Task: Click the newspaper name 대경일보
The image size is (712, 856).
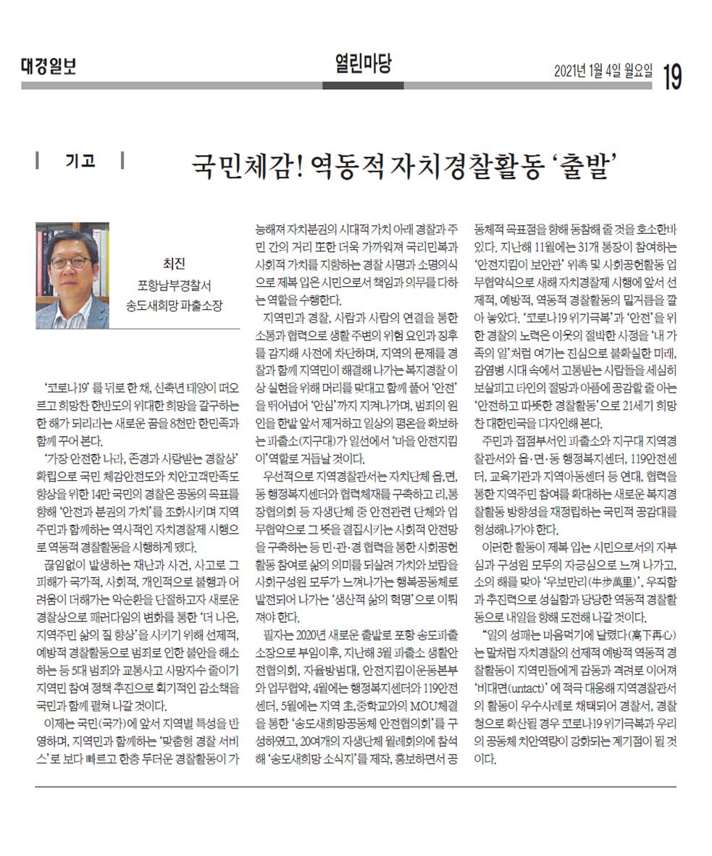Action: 48,68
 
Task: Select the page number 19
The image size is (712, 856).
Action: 671,74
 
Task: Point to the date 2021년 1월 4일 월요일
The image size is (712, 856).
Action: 603,72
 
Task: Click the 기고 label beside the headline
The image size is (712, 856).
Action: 80,160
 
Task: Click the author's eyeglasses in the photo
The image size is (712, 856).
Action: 70,261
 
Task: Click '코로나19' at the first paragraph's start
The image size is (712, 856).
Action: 68,385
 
